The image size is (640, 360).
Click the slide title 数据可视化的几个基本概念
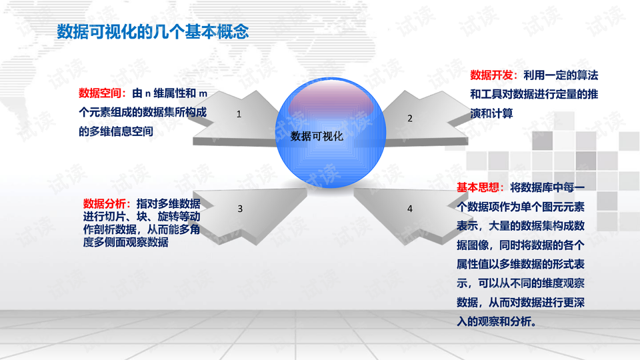[153, 31]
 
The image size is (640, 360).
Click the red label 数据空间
[99, 93]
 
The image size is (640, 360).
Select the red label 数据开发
[491, 75]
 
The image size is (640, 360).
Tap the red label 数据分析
[105, 203]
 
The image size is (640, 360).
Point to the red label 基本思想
[478, 187]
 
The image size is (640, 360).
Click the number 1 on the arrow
[239, 114]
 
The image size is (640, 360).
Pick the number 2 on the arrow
[410, 119]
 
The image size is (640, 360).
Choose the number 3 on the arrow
[240, 209]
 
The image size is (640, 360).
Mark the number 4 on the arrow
[410, 209]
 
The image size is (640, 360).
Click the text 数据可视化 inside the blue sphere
[317, 136]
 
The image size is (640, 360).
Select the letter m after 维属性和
[203, 94]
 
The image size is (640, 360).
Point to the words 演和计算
[491, 113]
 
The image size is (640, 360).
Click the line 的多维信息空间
[116, 131]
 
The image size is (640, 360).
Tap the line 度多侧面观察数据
[126, 242]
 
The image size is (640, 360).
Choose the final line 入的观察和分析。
[496, 321]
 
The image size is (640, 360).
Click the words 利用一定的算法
[561, 75]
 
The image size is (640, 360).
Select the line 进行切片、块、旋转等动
[141, 216]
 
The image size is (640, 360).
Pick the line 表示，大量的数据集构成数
[521, 226]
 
